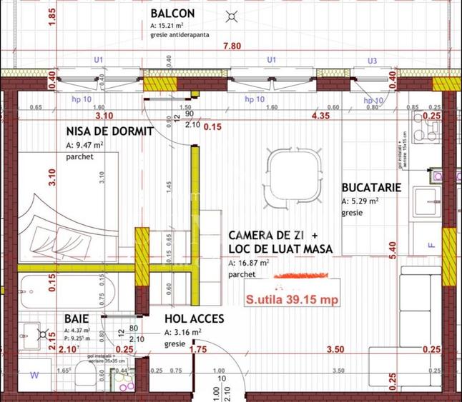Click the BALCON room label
pyautogui.click(x=175, y=14)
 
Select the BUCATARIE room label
pyautogui.click(x=371, y=189)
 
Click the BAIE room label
pyautogui.click(x=77, y=318)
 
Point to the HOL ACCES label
pyautogui.click(x=195, y=319)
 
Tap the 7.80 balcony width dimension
pyautogui.click(x=232, y=46)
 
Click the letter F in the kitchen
pyautogui.click(x=431, y=245)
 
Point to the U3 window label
pyautogui.click(x=371, y=61)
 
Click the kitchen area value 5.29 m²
pyautogui.click(x=364, y=201)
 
